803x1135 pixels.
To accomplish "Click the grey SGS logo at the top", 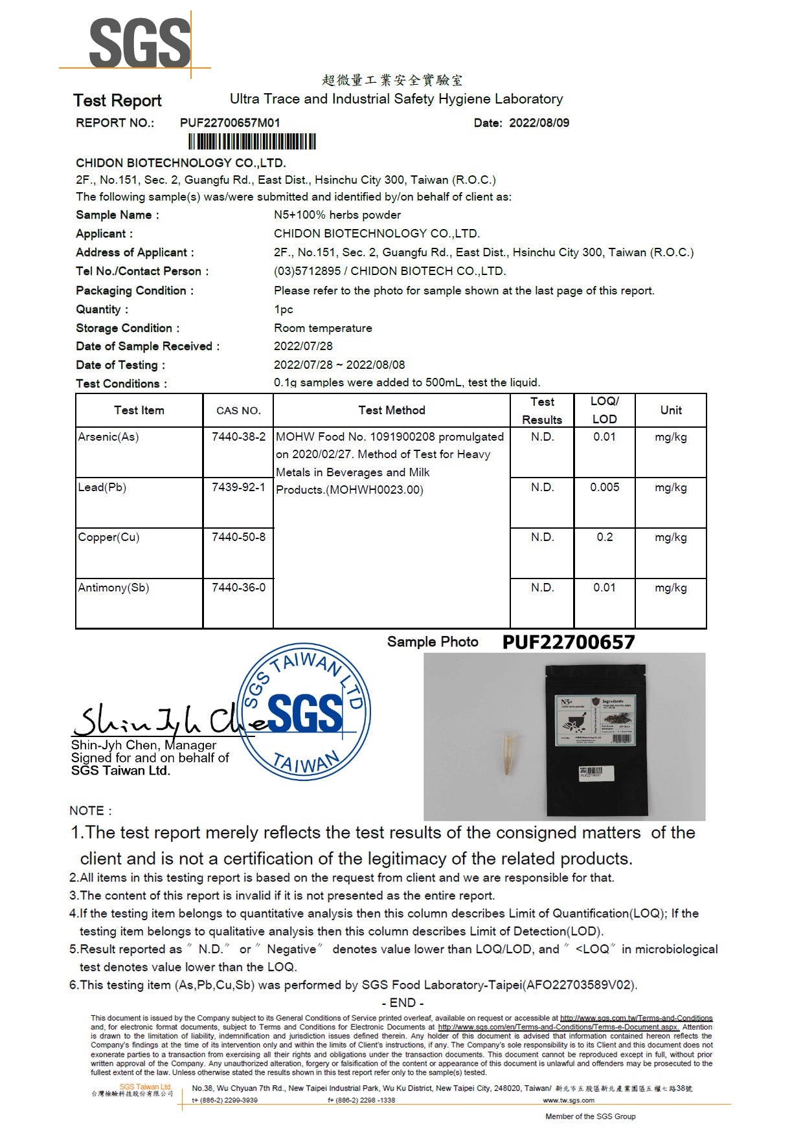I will point(139,43).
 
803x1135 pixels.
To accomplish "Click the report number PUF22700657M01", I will point(230,123).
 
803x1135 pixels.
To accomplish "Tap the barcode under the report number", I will point(252,142).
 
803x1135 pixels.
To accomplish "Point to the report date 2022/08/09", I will point(539,123).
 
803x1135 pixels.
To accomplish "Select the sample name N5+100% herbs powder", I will point(337,215).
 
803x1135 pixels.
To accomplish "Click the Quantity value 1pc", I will point(283,309).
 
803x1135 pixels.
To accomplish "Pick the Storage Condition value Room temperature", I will point(322,328).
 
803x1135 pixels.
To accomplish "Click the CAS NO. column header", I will point(238,410).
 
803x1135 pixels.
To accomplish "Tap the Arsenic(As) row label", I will point(108,437).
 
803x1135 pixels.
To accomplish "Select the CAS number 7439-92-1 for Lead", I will point(238,487).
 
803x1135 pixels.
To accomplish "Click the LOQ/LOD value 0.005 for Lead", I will point(604,487).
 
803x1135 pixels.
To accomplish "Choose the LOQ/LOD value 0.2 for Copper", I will point(604,537).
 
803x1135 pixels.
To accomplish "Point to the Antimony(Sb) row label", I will point(113,588).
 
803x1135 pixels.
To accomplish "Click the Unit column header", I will point(671,410).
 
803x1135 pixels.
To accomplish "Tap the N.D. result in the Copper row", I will point(542,537).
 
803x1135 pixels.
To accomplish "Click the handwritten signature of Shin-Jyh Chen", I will point(155,720).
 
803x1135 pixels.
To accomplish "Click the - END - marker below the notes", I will point(402,1002).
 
